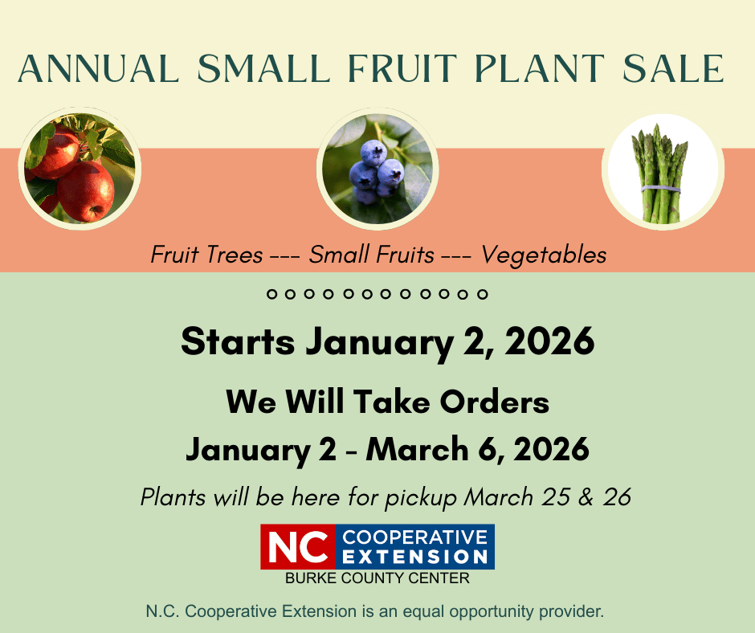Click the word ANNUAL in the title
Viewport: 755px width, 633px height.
(98, 68)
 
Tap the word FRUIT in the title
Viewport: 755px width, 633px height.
(402, 68)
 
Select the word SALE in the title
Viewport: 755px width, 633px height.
(673, 68)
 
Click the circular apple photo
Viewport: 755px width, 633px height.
(80, 168)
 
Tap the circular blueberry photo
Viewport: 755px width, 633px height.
(377, 168)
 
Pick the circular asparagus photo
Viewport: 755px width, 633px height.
(663, 171)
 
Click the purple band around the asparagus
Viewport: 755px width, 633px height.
(660, 189)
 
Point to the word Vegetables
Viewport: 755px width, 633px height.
(544, 255)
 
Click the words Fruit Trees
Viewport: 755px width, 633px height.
(206, 255)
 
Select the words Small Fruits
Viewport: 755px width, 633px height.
(371, 255)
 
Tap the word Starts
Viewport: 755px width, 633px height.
(238, 341)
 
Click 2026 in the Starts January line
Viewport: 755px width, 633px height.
(549, 341)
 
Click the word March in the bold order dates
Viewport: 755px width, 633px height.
(417, 449)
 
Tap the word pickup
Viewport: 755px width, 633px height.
(420, 497)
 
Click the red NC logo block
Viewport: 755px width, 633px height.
(298, 547)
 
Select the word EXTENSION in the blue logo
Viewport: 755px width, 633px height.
(415, 557)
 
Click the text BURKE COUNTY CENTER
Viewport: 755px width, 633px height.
(377, 578)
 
